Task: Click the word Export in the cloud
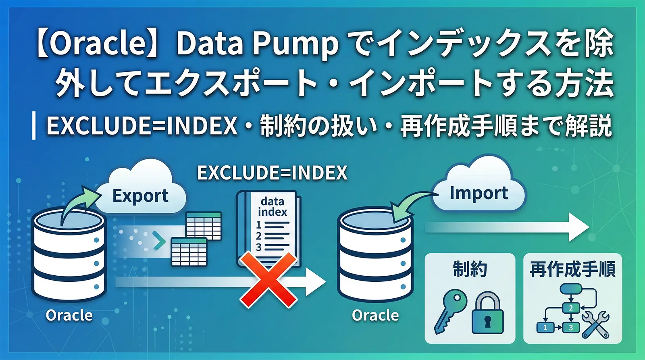click(140, 196)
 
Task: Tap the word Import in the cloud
click(479, 193)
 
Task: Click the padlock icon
click(487, 314)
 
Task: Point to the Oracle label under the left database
click(69, 315)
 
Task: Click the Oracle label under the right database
click(375, 315)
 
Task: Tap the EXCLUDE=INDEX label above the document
click(272, 173)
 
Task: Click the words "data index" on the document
click(273, 206)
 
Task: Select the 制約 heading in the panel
click(470, 269)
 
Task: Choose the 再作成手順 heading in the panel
click(572, 269)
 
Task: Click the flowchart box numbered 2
click(570, 308)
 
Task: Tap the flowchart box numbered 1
click(545, 327)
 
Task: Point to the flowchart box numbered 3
click(570, 327)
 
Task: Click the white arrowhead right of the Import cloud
click(578, 227)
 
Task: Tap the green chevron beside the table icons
click(160, 241)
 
